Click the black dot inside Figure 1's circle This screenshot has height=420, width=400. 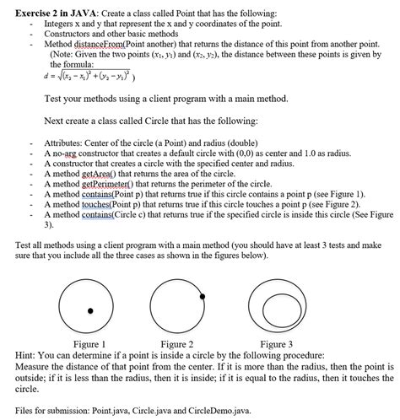(x=91, y=311)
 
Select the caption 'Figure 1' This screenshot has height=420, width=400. (x=89, y=344)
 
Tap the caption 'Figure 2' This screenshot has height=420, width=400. (x=178, y=344)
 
